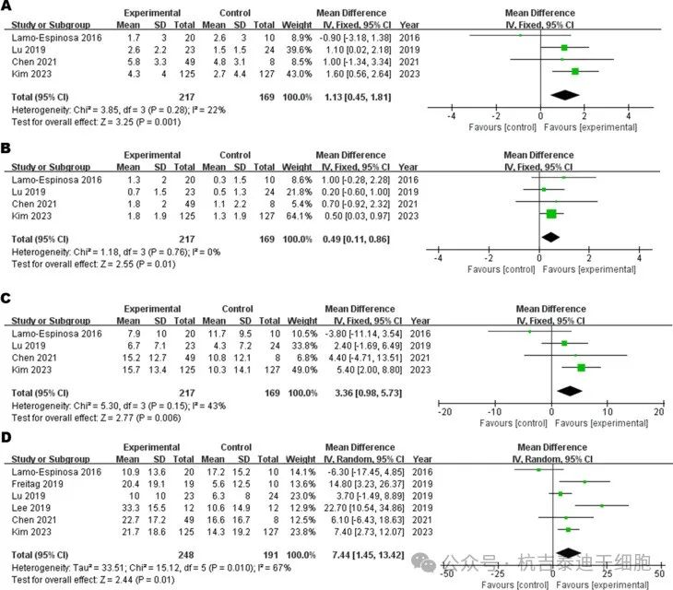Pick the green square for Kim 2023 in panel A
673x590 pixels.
[575, 71]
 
